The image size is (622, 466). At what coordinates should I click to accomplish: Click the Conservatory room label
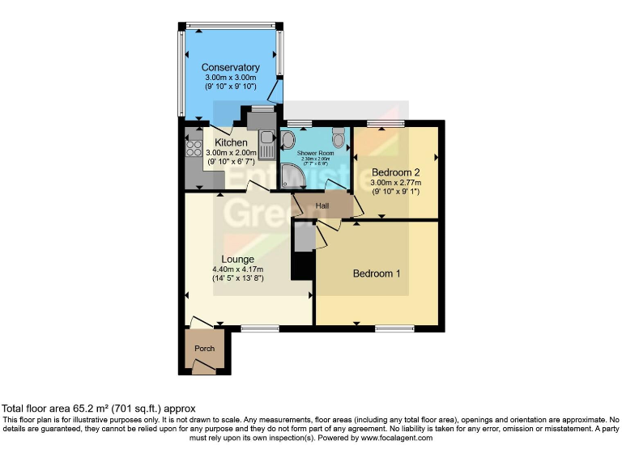pyautogui.click(x=231, y=67)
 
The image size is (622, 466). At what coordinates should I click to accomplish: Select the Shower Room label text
pyautogui.click(x=315, y=152)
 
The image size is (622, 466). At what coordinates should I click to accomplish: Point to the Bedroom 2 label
pyautogui.click(x=396, y=172)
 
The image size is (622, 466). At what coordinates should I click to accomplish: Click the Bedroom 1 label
pyautogui.click(x=377, y=273)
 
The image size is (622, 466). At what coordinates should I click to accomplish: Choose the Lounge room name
pyautogui.click(x=239, y=259)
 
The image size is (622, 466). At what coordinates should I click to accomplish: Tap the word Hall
pyautogui.click(x=323, y=206)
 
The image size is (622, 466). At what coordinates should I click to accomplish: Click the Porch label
pyautogui.click(x=204, y=351)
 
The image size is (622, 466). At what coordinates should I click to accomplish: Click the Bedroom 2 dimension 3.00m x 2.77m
pyautogui.click(x=396, y=183)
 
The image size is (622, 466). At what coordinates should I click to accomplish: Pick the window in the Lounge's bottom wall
pyautogui.click(x=259, y=328)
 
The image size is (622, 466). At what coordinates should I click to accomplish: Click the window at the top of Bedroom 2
pyautogui.click(x=377, y=124)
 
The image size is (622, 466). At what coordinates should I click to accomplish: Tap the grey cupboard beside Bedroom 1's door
pyautogui.click(x=303, y=239)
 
